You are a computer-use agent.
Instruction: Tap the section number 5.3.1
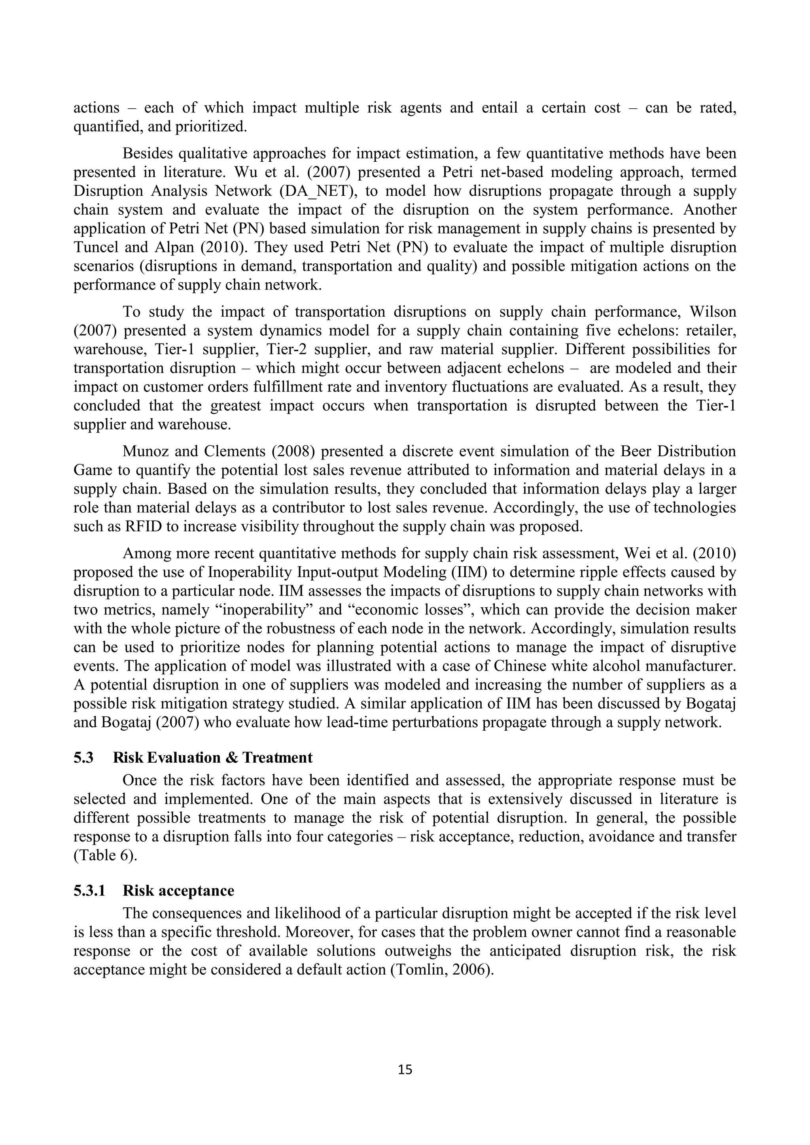pos(89,905)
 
